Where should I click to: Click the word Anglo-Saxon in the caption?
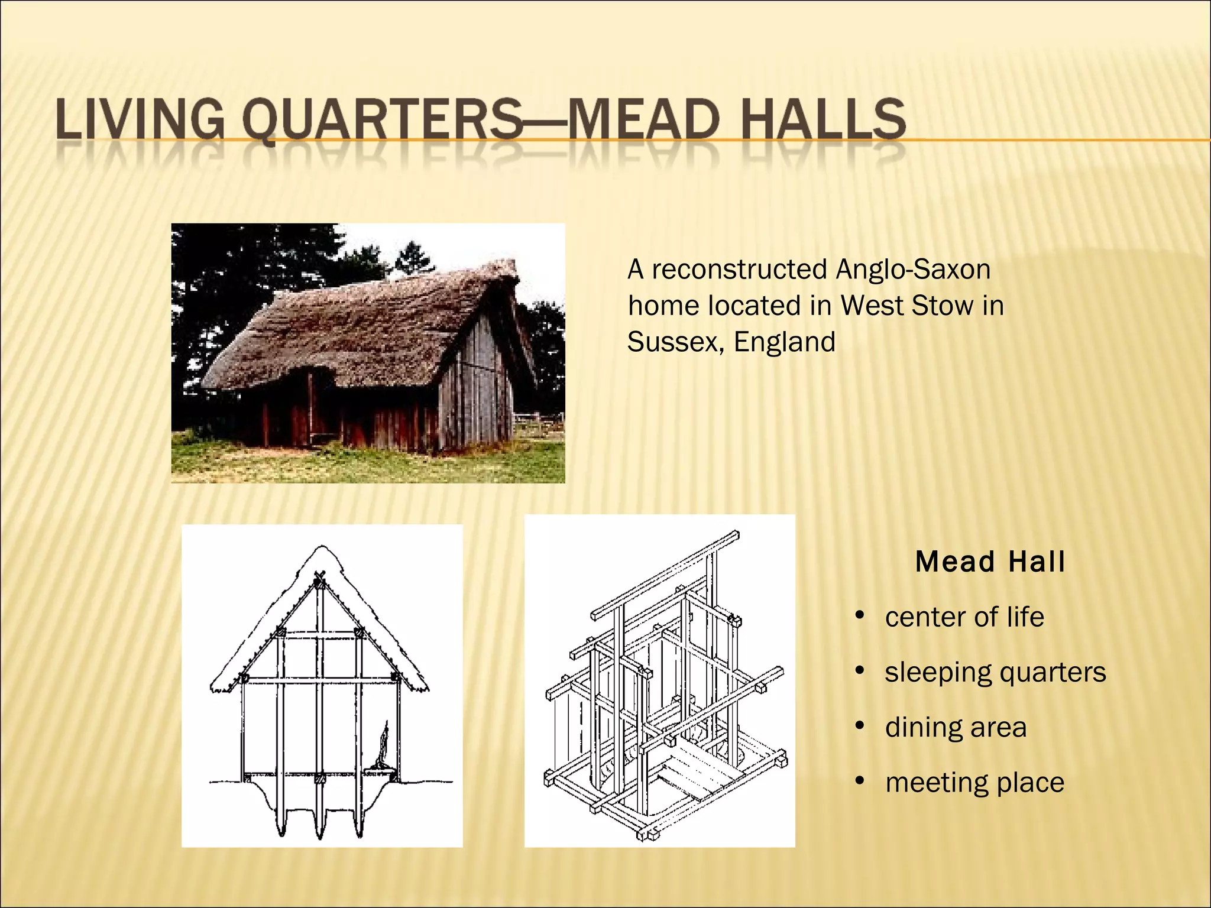tap(913, 270)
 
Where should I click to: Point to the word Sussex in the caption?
tap(672, 342)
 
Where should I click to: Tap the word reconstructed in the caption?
tap(739, 270)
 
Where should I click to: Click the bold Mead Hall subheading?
tap(990, 562)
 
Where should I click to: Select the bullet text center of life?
tap(964, 617)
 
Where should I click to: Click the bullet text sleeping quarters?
tap(995, 672)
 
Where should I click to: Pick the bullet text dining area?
tap(956, 727)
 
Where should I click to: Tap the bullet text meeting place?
tap(974, 783)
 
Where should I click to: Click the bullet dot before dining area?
tap(860, 726)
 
